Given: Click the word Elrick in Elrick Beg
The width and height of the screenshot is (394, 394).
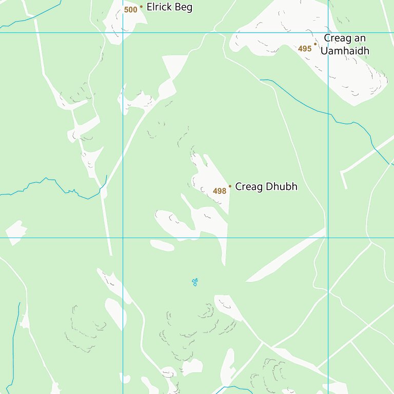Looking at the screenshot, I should coord(159,7).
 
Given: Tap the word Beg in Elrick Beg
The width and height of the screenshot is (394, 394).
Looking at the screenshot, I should coord(183,8).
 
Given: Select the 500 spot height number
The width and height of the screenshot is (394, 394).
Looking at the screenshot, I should coord(131,9).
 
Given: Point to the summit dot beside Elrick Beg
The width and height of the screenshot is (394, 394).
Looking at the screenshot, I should coord(141,7).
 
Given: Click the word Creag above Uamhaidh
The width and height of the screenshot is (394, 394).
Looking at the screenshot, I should coord(337,38).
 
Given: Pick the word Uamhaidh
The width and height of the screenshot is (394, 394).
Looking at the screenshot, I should coord(345,51).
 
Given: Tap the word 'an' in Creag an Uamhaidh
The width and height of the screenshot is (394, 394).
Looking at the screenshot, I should coord(360,38).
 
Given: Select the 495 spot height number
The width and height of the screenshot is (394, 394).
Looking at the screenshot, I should coord(305,49).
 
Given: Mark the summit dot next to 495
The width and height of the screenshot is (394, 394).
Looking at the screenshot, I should coord(315,44).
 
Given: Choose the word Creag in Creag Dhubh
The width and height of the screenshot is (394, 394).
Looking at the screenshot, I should coord(247,186).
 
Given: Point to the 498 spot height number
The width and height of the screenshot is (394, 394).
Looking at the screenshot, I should coord(220,191).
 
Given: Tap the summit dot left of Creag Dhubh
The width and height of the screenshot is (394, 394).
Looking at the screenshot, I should coord(230,186).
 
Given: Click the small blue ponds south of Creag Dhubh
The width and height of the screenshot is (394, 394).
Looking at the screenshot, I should coord(194,281).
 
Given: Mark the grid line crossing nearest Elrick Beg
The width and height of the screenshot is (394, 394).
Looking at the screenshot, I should coord(123,33).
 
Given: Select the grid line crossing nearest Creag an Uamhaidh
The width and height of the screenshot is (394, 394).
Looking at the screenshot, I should coord(328,33).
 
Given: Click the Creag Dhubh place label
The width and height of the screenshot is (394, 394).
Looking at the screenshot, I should coord(266,186).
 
